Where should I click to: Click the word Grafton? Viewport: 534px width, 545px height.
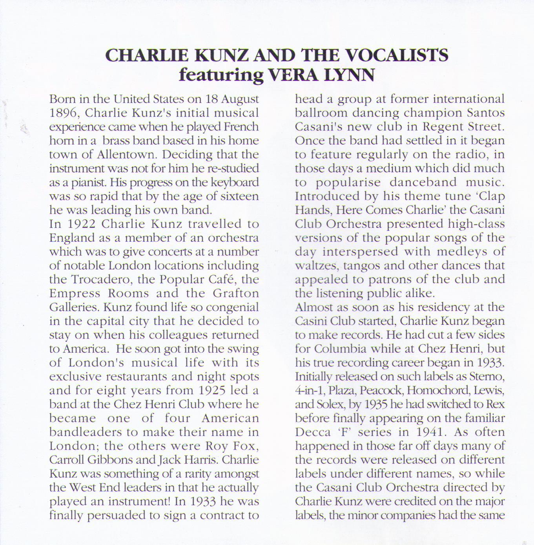click(236, 293)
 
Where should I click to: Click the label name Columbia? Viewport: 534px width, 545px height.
click(340, 349)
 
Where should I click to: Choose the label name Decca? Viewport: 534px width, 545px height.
click(313, 432)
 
